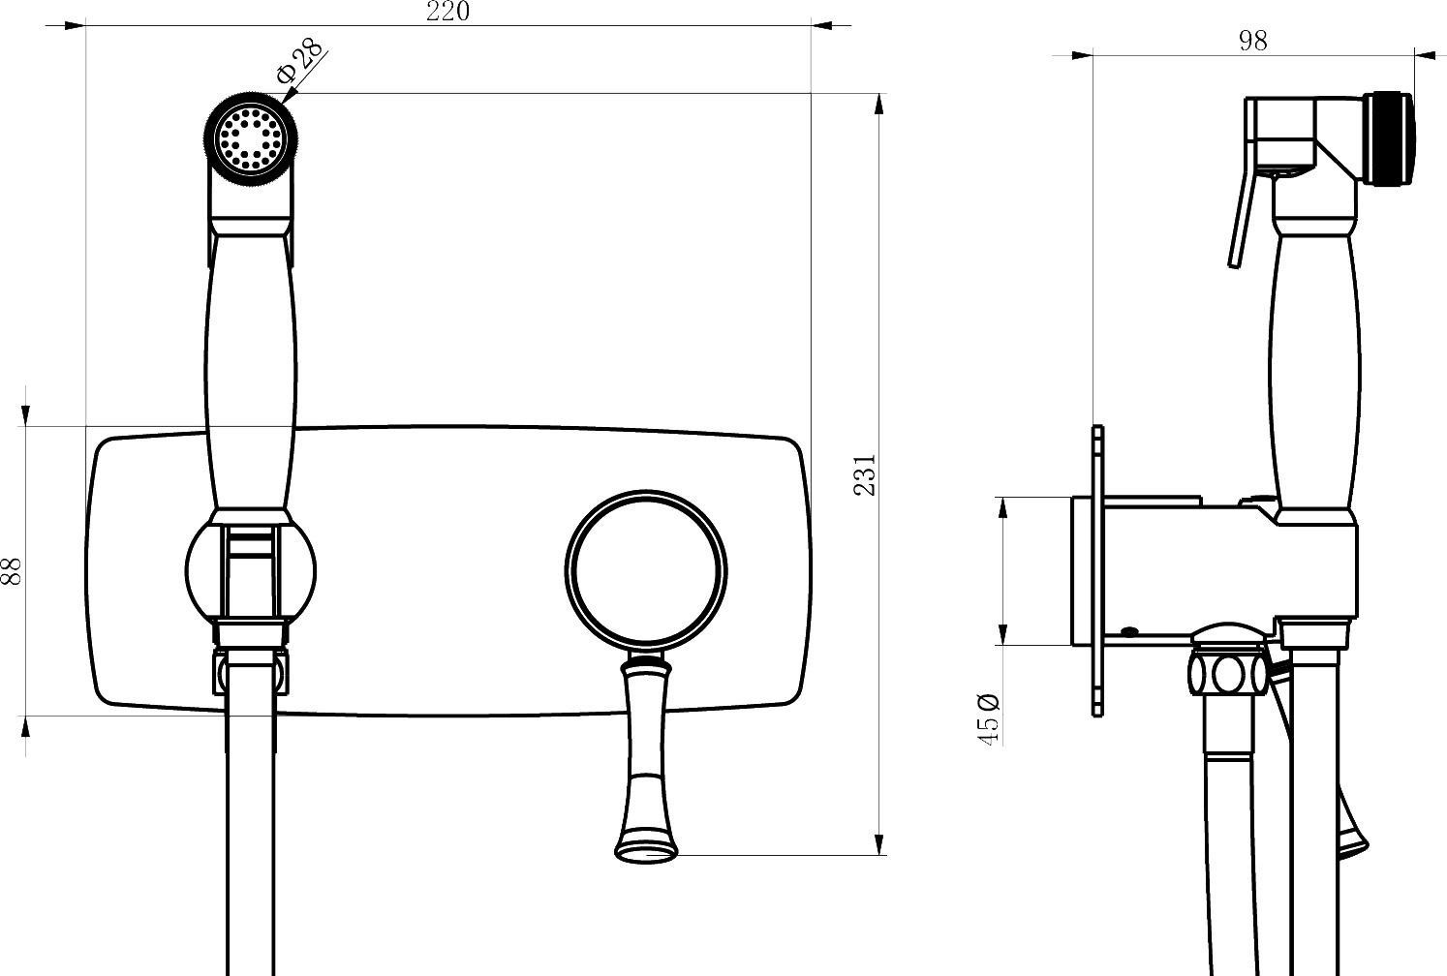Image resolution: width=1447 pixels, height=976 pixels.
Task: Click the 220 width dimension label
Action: click(447, 11)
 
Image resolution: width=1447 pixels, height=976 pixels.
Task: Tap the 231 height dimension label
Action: click(864, 474)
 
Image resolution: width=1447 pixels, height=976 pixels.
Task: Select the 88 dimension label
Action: click(12, 571)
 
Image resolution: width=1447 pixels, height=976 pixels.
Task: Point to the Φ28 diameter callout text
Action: click(299, 61)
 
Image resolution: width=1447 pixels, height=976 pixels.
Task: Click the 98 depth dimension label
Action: click(1252, 41)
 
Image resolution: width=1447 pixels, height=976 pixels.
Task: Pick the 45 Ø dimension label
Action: click(988, 719)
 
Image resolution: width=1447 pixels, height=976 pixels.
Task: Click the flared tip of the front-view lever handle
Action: click(646, 848)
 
